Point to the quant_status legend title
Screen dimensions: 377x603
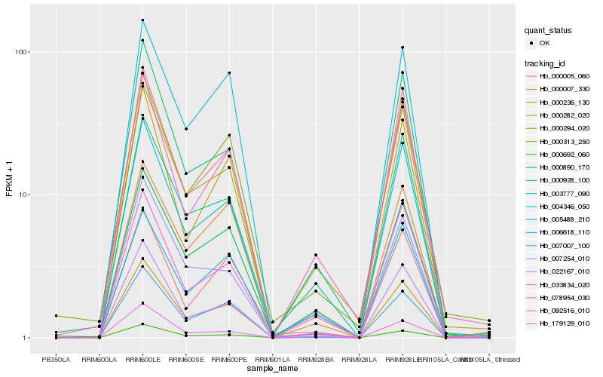tap(549, 30)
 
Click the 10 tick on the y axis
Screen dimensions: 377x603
tap(23, 195)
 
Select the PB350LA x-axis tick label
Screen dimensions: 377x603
tap(56, 360)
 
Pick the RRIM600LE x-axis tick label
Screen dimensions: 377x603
tap(142, 360)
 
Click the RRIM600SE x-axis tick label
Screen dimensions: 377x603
tap(185, 360)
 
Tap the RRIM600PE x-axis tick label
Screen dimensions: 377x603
tap(229, 360)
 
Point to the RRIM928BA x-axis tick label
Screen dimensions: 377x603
tap(316, 360)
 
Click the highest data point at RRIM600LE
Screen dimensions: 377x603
tap(142, 20)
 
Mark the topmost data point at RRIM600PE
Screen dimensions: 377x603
tap(229, 72)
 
